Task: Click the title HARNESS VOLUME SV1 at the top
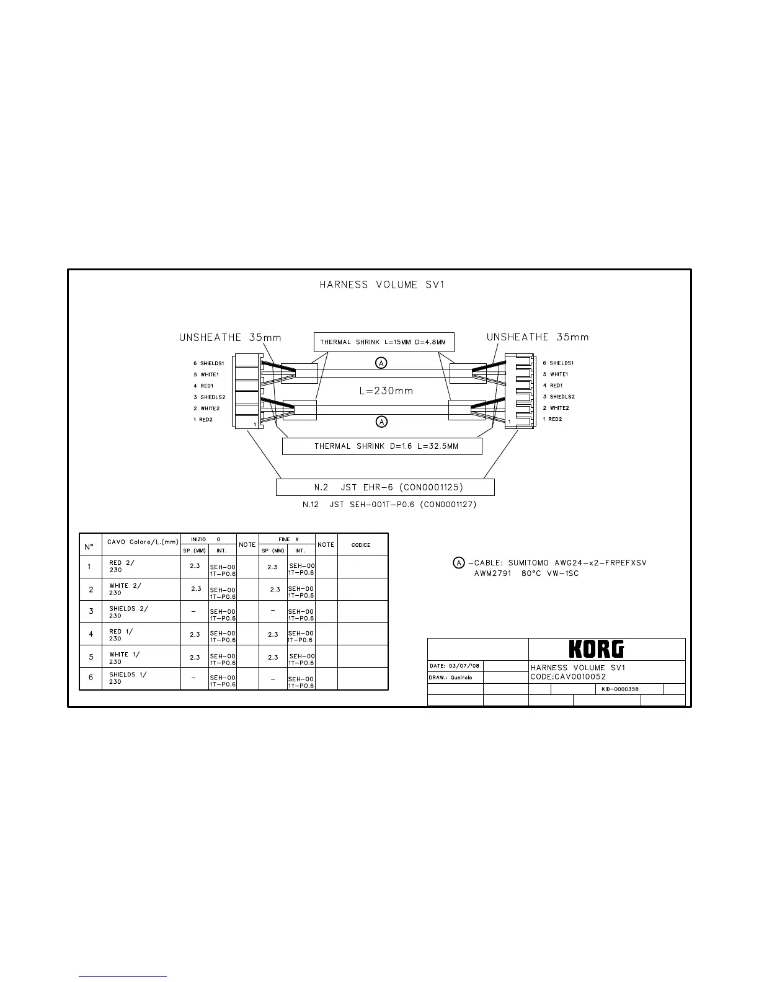click(x=382, y=285)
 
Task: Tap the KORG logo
click(x=596, y=649)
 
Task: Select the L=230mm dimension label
click(x=386, y=391)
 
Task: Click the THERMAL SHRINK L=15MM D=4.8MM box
click(x=383, y=342)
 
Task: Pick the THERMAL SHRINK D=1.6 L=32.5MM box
click(x=382, y=446)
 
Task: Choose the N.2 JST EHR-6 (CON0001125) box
click(x=385, y=487)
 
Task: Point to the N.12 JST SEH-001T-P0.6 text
click(x=389, y=505)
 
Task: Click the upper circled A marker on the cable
click(x=382, y=362)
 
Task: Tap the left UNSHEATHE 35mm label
click(x=230, y=338)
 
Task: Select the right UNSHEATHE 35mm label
click(x=538, y=337)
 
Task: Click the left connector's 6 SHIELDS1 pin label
click(x=209, y=363)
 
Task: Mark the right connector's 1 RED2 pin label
click(x=552, y=420)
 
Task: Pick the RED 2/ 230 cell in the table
click(x=122, y=567)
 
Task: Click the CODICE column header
click(x=361, y=545)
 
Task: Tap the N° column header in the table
click(x=90, y=547)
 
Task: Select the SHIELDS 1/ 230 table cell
click(x=128, y=678)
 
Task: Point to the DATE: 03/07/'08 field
click(x=455, y=666)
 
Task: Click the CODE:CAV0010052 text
click(x=568, y=676)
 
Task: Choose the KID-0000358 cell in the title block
click(x=620, y=689)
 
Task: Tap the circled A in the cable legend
click(x=458, y=563)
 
